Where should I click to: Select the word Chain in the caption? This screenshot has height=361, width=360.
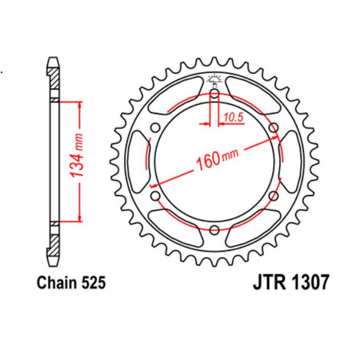pos(57,283)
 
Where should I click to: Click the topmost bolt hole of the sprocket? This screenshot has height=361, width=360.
pos(214,94)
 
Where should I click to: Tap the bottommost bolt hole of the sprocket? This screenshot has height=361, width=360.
pos(214,229)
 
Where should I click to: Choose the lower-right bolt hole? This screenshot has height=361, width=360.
pos(274,196)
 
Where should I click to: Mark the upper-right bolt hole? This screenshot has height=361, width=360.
pos(274,127)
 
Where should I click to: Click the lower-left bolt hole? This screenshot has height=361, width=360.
pos(155,196)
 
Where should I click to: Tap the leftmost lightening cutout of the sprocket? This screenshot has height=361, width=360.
pos(136,161)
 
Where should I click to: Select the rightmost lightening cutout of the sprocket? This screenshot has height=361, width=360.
pos(293,161)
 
